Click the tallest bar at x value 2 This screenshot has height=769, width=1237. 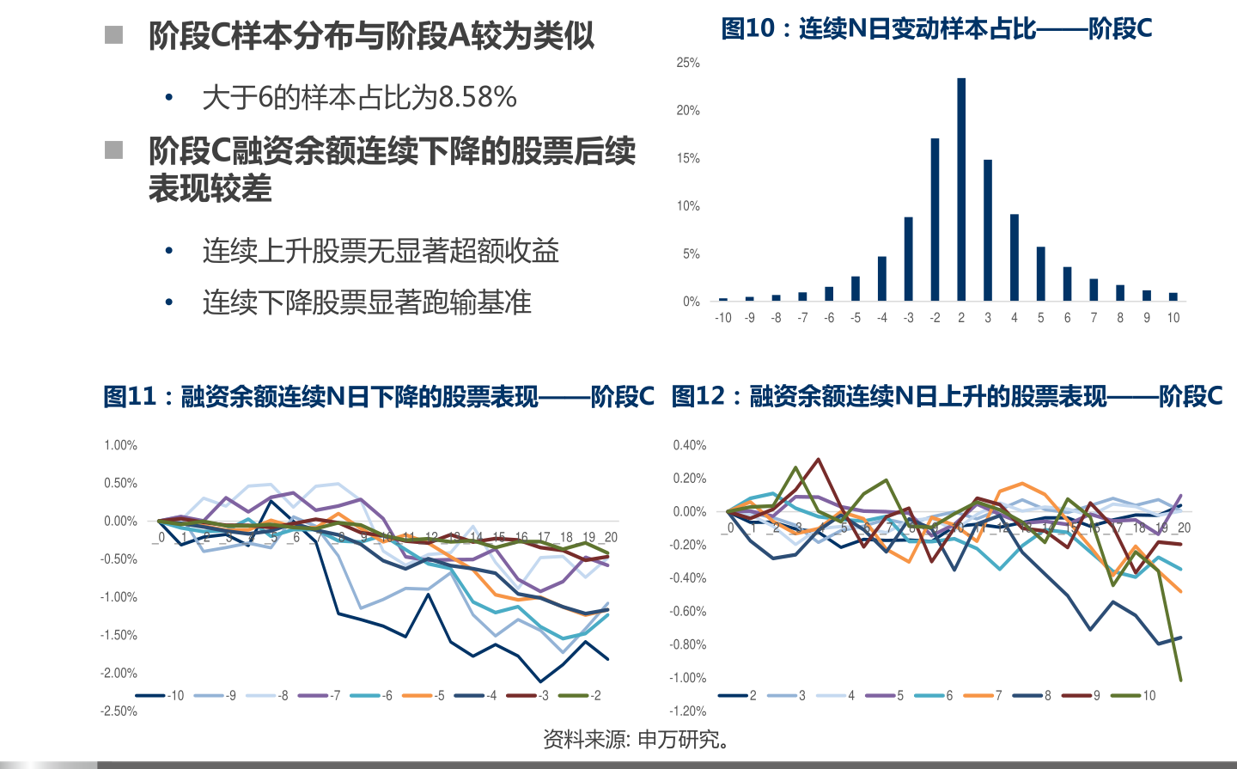pyautogui.click(x=961, y=189)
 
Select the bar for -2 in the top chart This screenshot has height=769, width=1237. pyautogui.click(x=935, y=219)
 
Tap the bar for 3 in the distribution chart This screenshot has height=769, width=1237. pyautogui.click(x=988, y=229)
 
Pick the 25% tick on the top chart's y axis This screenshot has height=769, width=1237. pyautogui.click(x=688, y=63)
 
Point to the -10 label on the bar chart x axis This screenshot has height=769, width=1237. pyautogui.click(x=723, y=318)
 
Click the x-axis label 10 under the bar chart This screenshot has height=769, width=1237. pyautogui.click(x=1173, y=318)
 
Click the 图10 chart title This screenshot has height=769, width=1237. pyautogui.click(x=936, y=29)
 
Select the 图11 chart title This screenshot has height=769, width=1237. pyautogui.click(x=378, y=396)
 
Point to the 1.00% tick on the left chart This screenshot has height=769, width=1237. pyautogui.click(x=120, y=445)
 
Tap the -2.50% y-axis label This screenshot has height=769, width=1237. pyautogui.click(x=119, y=711)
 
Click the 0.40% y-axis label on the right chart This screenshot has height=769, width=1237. pyautogui.click(x=689, y=445)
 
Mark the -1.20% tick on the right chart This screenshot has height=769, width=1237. pyautogui.click(x=687, y=711)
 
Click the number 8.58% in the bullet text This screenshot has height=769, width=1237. pyautogui.click(x=478, y=97)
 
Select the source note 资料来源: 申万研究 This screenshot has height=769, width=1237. pyautogui.click(x=637, y=739)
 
